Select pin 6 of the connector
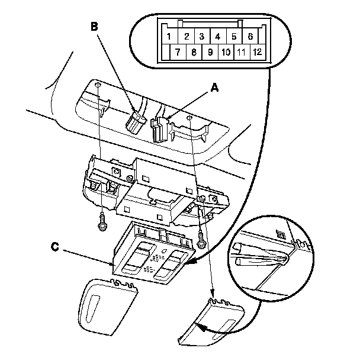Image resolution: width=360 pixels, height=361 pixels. [250, 36]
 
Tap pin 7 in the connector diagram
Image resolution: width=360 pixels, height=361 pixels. [176, 52]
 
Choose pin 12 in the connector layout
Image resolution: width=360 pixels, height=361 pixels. [257, 52]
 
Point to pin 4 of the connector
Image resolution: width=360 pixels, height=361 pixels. [218, 36]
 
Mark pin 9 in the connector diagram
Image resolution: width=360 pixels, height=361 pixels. [209, 52]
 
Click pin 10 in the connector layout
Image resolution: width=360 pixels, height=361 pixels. [225, 52]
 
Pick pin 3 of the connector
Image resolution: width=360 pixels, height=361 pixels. [201, 36]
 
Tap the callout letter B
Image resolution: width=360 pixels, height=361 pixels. [93, 26]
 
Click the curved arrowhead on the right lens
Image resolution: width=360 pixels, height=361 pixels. [200, 326]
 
